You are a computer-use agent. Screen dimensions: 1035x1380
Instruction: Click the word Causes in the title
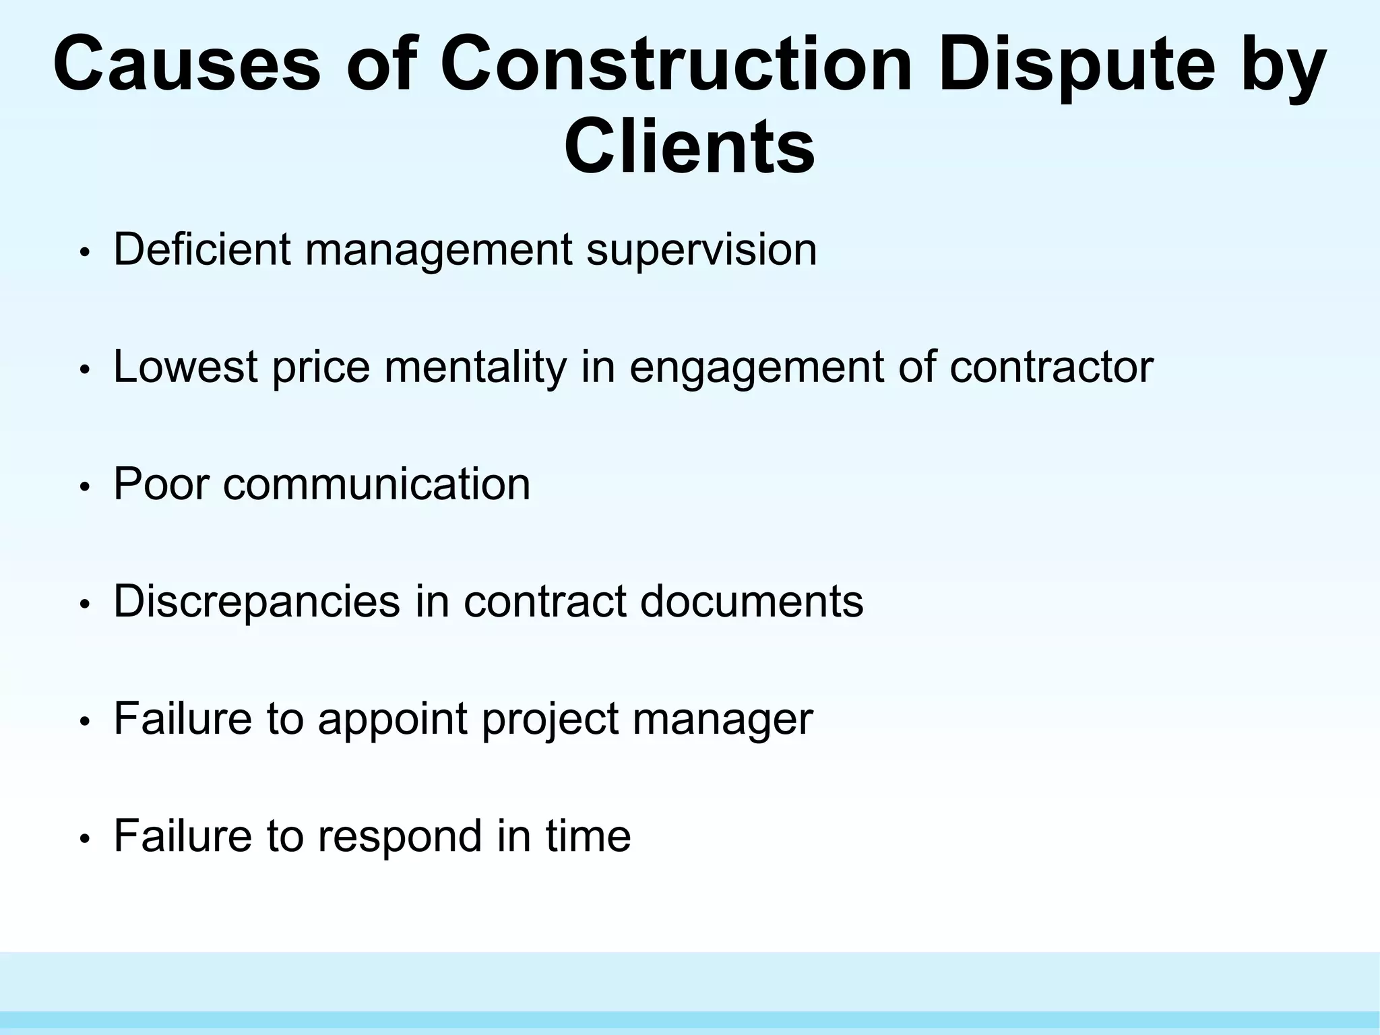pyautogui.click(x=187, y=65)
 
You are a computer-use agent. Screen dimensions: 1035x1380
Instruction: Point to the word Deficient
pyautogui.click(x=201, y=249)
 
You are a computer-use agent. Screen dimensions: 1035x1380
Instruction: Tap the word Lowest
pyautogui.click(x=185, y=367)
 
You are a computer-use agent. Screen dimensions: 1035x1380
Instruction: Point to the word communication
pyautogui.click(x=377, y=484)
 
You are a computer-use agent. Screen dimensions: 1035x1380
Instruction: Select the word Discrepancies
pyautogui.click(x=257, y=602)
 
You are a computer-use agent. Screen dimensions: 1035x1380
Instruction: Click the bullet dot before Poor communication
pyautogui.click(x=84, y=487)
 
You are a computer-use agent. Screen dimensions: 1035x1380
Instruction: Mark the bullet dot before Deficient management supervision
pyautogui.click(x=84, y=252)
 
